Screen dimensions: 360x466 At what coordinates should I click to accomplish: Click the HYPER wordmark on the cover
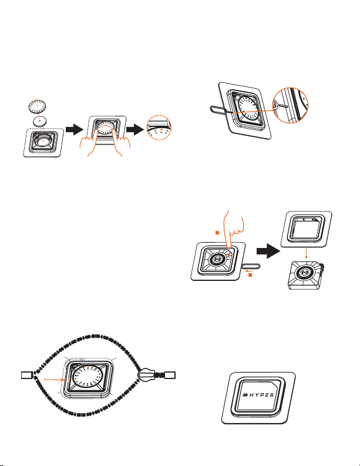coord(258,395)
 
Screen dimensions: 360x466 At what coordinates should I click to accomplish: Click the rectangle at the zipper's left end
coord(26,375)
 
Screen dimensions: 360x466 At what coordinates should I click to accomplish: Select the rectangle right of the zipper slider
coord(170,375)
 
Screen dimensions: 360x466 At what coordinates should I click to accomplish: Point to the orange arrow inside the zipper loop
coord(54,380)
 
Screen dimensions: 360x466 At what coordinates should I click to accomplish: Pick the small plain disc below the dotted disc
coord(40,121)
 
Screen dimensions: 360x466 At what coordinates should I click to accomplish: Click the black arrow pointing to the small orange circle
coord(135,130)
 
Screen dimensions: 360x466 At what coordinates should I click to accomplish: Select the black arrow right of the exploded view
coord(74,130)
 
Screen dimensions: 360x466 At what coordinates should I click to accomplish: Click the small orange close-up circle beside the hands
coord(159,128)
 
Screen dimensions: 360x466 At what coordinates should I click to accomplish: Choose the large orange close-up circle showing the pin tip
coord(290,106)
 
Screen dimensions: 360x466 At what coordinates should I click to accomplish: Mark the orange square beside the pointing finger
coord(217,233)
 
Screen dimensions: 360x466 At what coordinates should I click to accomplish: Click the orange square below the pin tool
coord(250,275)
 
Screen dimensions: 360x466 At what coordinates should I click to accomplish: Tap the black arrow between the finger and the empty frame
coord(268,252)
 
